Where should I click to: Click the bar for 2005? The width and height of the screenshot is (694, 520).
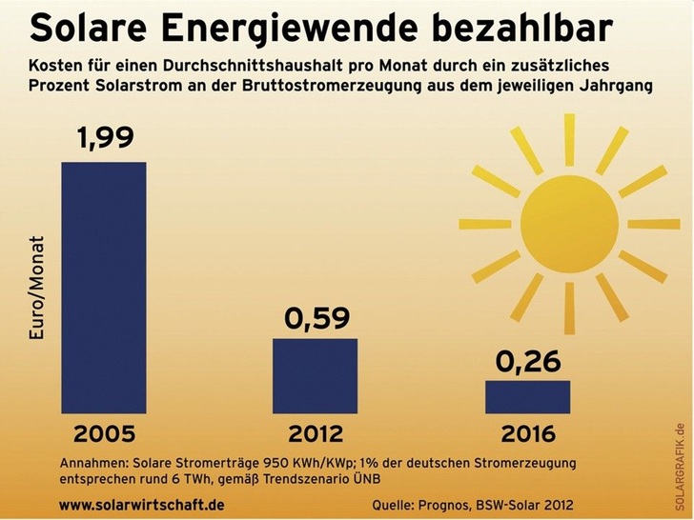pyautogui.click(x=104, y=287)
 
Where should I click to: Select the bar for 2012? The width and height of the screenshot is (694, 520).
pyautogui.click(x=315, y=375)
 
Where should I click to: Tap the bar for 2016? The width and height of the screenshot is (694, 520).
pyautogui.click(x=527, y=396)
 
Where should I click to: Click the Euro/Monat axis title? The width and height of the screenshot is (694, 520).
pyautogui.click(x=37, y=290)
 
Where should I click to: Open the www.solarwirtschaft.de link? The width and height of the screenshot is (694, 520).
pyautogui.click(x=142, y=503)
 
